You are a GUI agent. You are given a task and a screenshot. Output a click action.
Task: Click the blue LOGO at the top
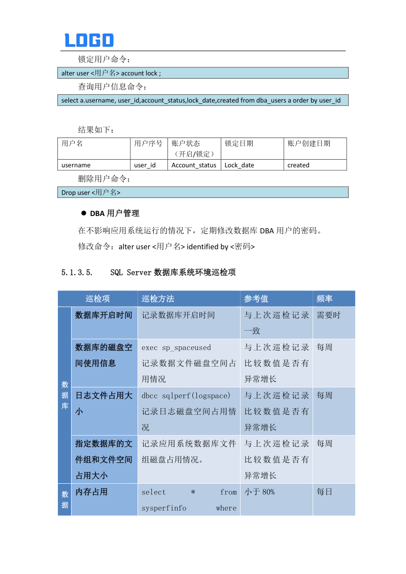click(89, 40)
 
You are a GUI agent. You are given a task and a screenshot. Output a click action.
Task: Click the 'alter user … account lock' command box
click(204, 73)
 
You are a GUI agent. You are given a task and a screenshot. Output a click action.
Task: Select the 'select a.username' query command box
click(204, 100)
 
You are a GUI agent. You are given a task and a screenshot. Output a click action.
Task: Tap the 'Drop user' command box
click(204, 192)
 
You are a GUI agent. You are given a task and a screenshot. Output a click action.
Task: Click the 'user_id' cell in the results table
click(149, 165)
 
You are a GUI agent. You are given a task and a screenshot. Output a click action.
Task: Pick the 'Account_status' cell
click(194, 165)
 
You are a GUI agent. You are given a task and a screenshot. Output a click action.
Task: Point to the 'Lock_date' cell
click(252, 165)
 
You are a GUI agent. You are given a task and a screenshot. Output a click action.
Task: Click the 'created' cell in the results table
click(315, 165)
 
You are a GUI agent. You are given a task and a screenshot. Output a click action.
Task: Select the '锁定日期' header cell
click(252, 148)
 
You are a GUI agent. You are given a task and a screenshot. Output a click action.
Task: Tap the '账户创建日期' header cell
click(315, 148)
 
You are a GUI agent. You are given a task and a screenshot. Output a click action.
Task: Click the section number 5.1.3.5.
click(77, 272)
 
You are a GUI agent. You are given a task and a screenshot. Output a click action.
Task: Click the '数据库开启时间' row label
click(104, 315)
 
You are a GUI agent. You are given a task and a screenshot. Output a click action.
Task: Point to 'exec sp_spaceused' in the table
click(176, 347)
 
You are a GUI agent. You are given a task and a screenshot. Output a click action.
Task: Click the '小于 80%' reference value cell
click(260, 492)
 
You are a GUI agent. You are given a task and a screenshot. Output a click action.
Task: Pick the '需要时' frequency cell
click(328, 315)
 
